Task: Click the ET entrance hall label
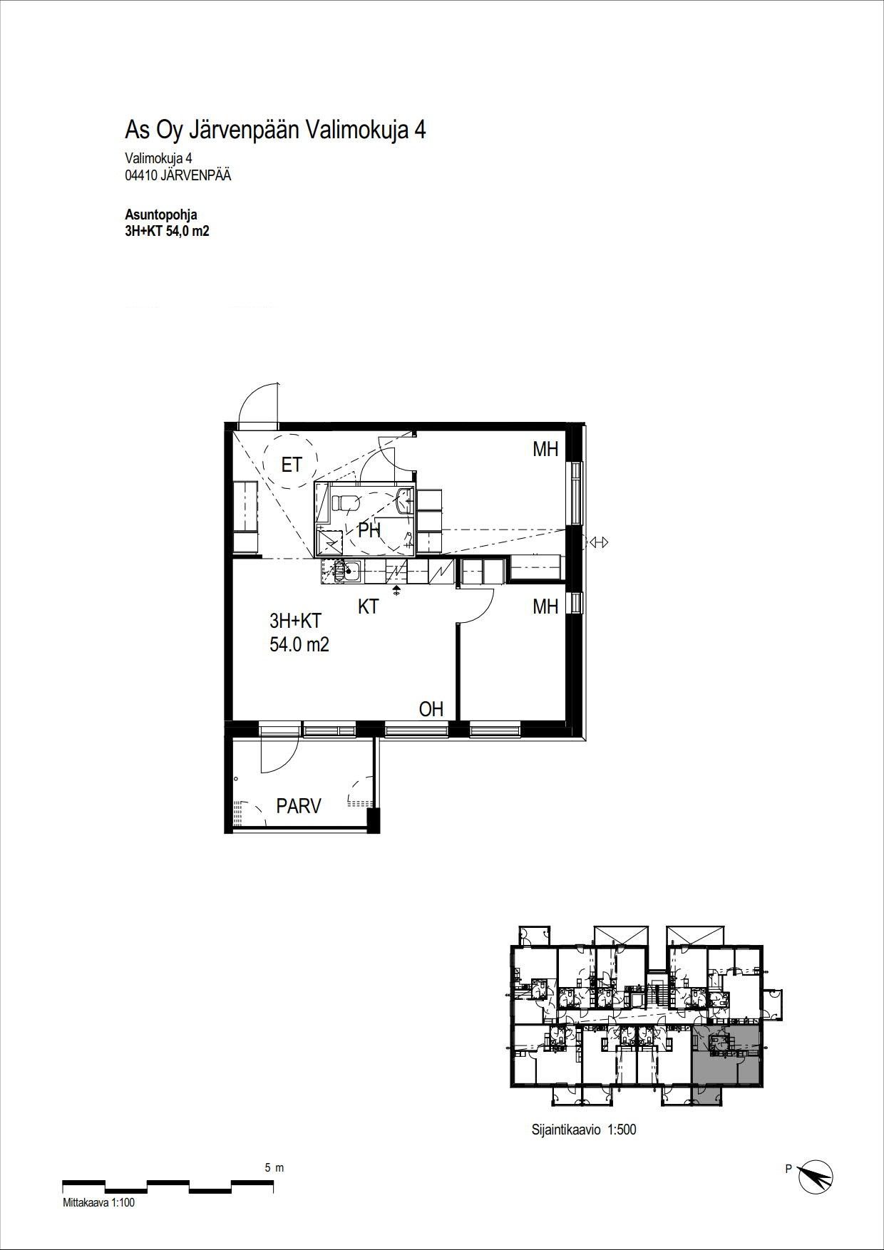(292, 465)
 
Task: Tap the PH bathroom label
(369, 530)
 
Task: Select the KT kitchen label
(368, 606)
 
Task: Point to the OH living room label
(431, 708)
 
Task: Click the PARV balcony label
(299, 806)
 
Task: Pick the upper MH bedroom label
(545, 449)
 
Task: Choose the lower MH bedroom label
(545, 606)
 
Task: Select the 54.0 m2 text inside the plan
(299, 645)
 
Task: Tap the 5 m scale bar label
(274, 1168)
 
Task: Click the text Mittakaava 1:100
(98, 1203)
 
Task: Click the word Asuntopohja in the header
(161, 215)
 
